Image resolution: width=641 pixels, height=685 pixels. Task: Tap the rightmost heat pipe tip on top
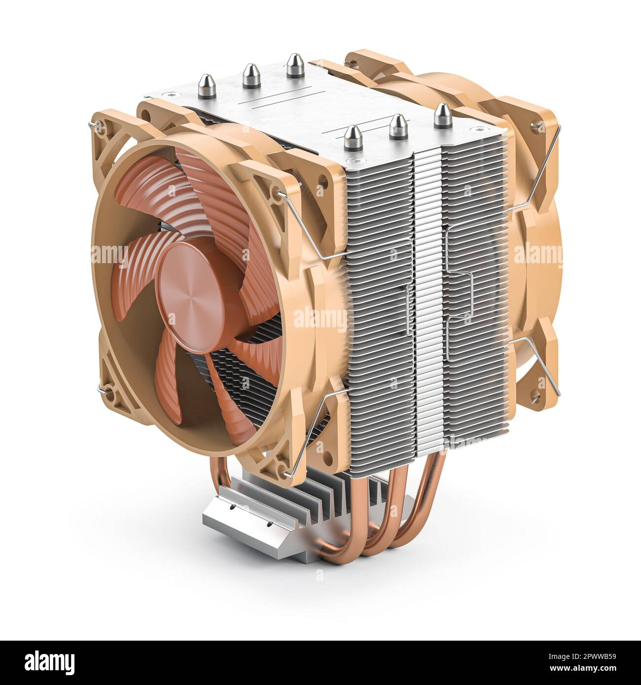click(442, 116)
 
